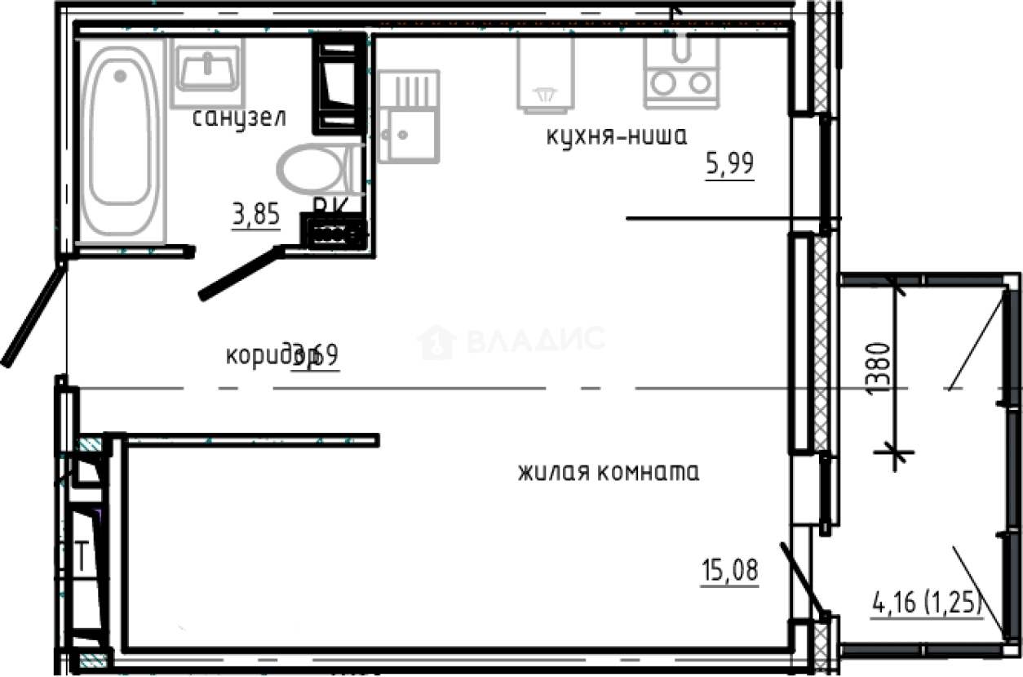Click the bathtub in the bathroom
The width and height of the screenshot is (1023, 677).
121,139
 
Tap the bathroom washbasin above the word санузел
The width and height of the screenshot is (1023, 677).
208,69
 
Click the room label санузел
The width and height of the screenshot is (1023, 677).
239,118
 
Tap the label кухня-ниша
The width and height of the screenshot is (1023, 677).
617,136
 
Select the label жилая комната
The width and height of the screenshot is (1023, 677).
609,473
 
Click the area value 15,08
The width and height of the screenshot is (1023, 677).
729,571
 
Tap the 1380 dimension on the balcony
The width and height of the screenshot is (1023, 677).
875,368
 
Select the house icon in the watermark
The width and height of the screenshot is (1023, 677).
436,341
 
